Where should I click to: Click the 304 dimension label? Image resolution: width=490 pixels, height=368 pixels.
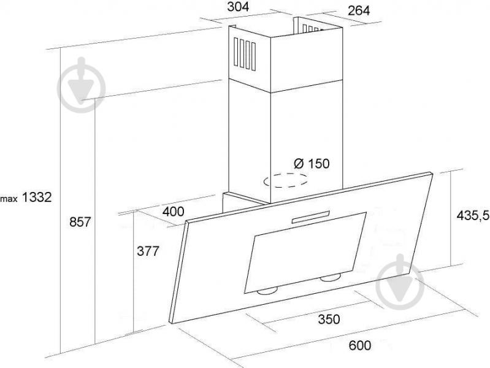pyautogui.click(x=238, y=7)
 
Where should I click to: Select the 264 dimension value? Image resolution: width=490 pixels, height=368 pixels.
pyautogui.click(x=359, y=10)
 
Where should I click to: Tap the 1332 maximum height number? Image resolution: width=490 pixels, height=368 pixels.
pyautogui.click(x=37, y=197)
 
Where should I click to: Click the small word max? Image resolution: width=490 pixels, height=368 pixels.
pyautogui.click(x=9, y=199)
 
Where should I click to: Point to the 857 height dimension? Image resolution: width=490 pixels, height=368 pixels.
pyautogui.click(x=80, y=221)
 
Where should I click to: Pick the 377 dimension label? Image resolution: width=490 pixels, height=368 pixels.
pyautogui.click(x=148, y=251)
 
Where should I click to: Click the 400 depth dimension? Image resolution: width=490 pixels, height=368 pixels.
pyautogui.click(x=174, y=212)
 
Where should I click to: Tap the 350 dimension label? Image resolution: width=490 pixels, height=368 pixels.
pyautogui.click(x=329, y=319)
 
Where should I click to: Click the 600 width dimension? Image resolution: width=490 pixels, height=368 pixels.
pyautogui.click(x=360, y=345)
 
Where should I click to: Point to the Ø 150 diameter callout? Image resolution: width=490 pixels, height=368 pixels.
pyautogui.click(x=312, y=163)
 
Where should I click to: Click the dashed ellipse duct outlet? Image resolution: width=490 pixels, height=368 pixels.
pyautogui.click(x=285, y=180)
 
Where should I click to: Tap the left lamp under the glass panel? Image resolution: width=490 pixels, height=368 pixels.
pyautogui.click(x=267, y=292)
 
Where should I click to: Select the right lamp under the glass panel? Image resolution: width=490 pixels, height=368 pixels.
pyautogui.click(x=331, y=278)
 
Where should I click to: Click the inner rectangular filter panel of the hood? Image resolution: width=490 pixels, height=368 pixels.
pyautogui.click(x=305, y=253)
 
